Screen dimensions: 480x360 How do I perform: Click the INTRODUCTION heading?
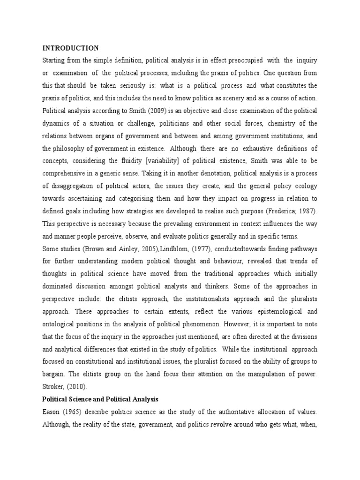tap(70, 48)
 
